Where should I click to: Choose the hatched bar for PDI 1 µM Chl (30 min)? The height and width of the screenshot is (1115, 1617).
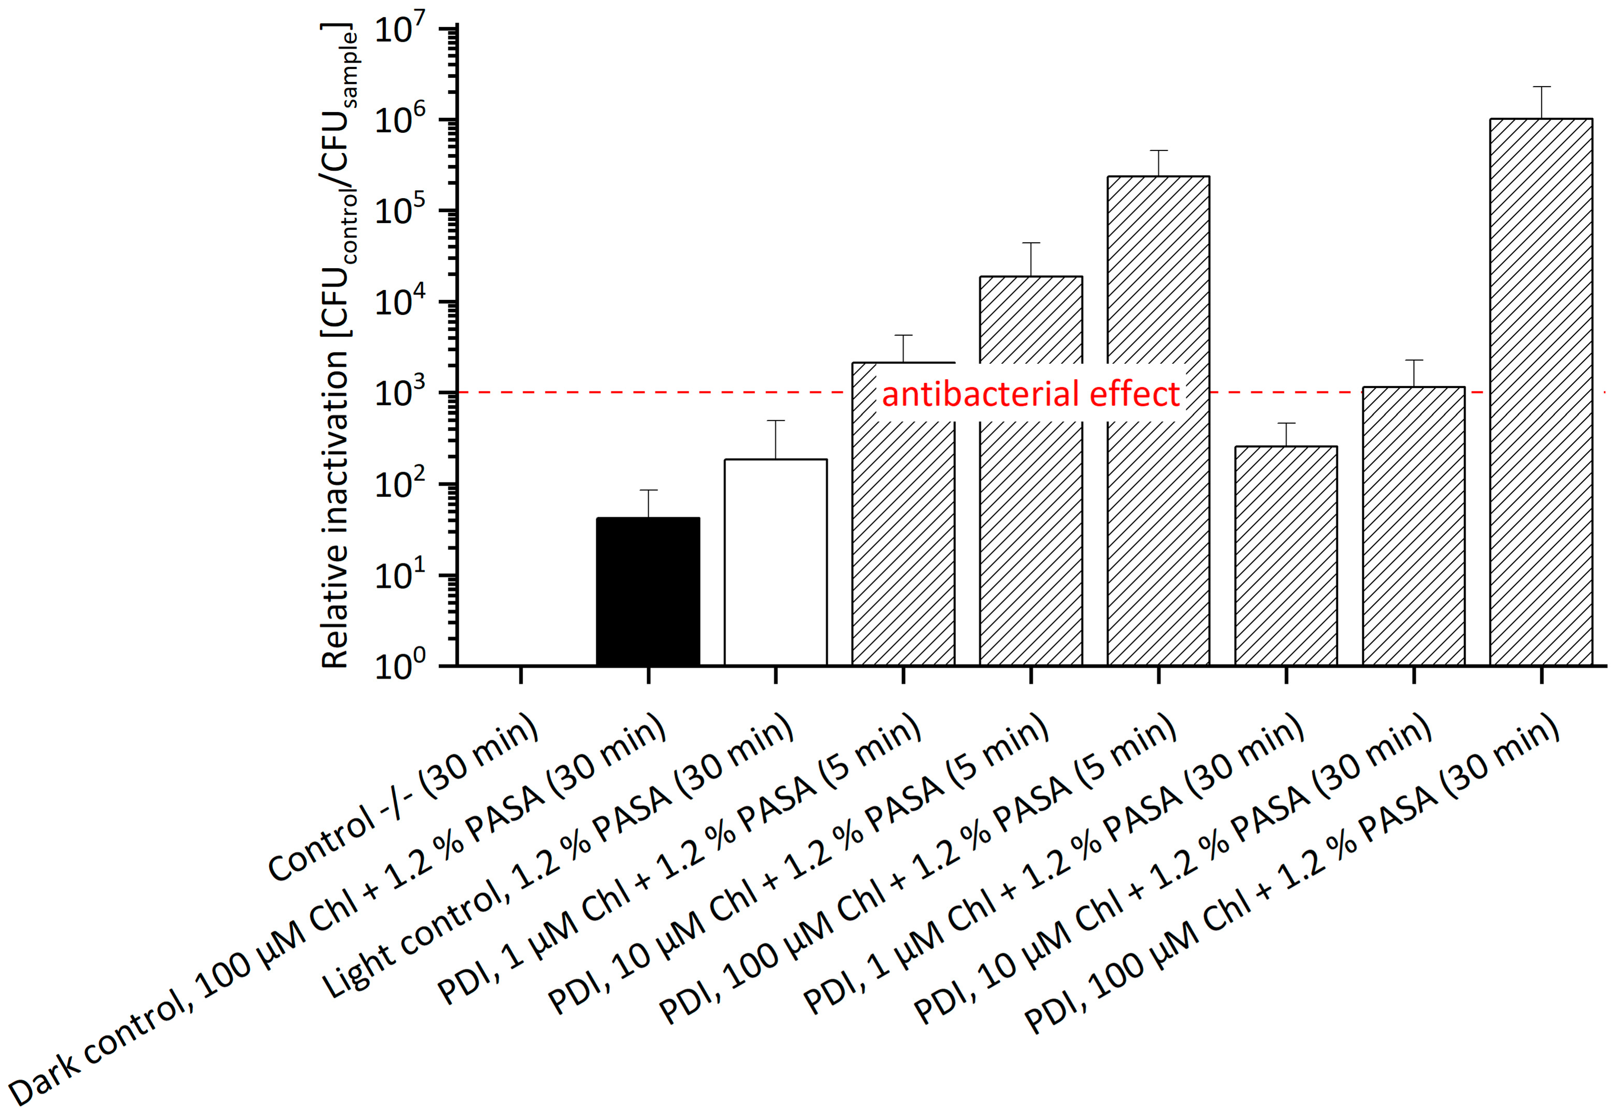[x=1286, y=555]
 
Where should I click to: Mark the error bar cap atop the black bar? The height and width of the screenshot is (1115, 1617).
[x=648, y=490]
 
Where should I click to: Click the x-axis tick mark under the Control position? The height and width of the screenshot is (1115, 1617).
[x=521, y=675]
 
